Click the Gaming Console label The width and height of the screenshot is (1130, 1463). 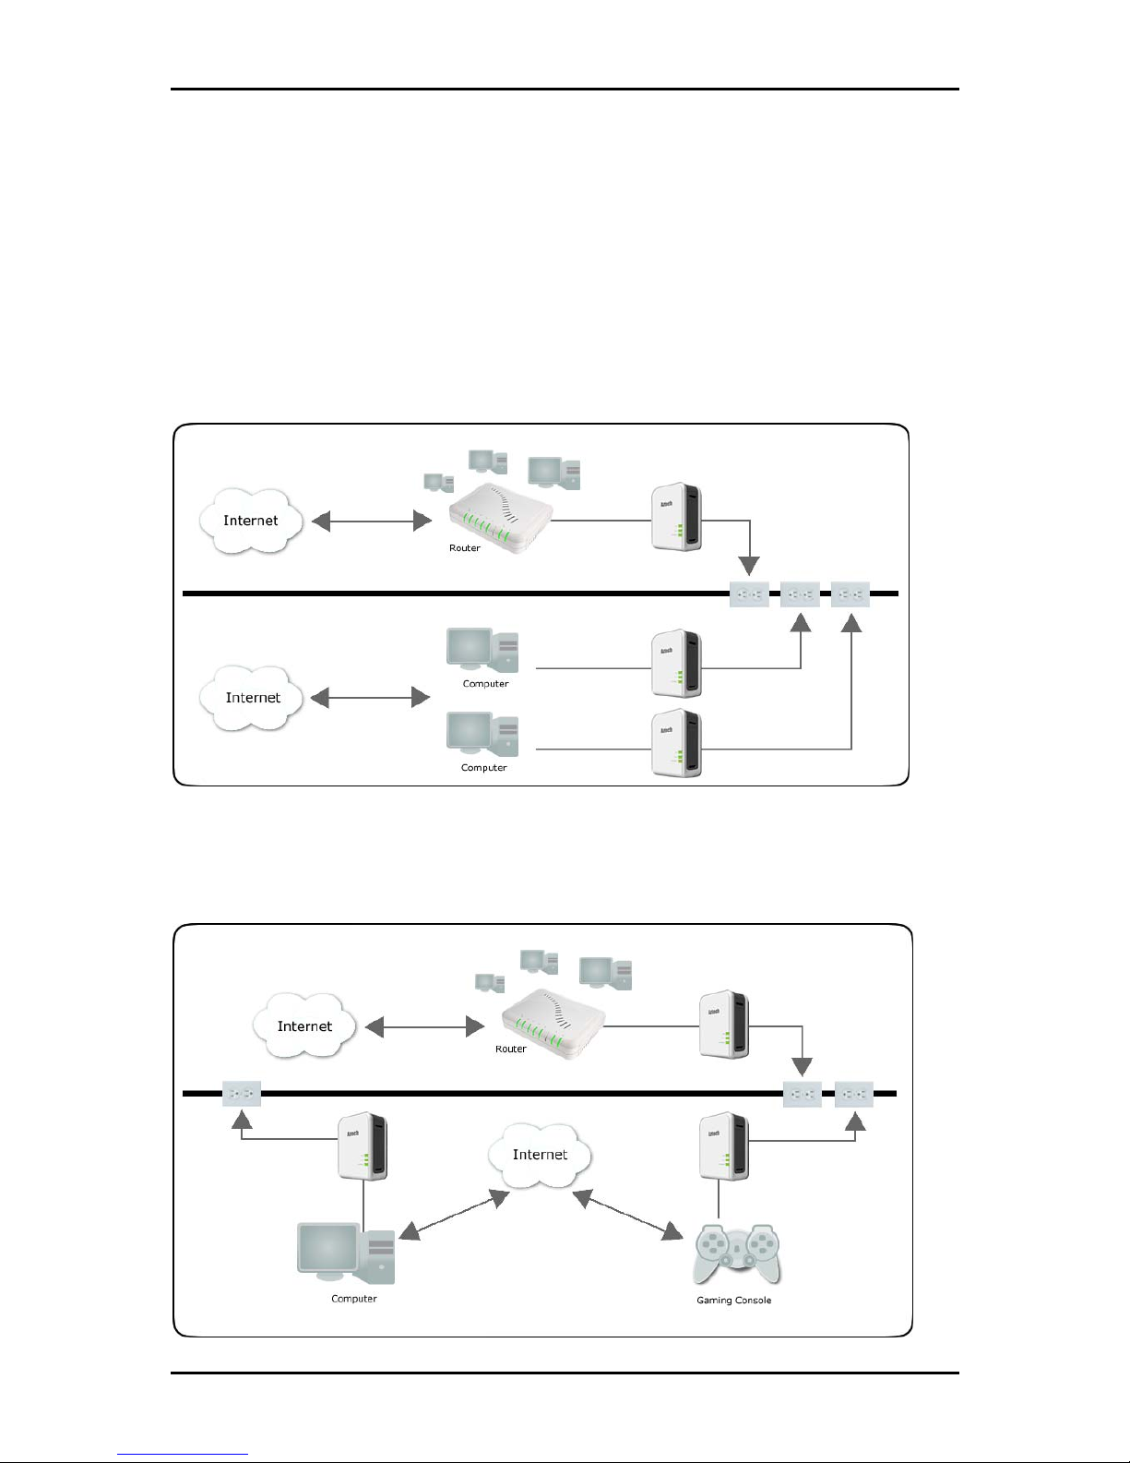[x=733, y=1300]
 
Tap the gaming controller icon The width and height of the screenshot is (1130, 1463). [x=736, y=1253]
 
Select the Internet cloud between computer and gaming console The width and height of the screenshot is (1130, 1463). [x=541, y=1155]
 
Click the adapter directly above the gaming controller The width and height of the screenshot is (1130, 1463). [x=724, y=1145]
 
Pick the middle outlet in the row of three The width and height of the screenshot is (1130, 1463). [x=800, y=594]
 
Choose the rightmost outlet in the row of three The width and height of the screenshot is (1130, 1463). [x=850, y=594]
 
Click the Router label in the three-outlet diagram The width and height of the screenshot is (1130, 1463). [x=465, y=548]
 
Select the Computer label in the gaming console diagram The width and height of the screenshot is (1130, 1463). [x=354, y=1298]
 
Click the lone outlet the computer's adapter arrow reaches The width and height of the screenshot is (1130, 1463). [x=242, y=1095]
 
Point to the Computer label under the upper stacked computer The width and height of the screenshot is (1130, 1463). [x=485, y=684]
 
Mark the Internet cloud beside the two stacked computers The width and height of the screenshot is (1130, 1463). [x=253, y=698]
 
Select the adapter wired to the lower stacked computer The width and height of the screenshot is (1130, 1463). [x=676, y=742]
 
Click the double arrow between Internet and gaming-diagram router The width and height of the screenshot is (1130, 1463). [x=424, y=1026]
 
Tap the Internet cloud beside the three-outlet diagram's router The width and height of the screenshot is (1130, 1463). [x=251, y=521]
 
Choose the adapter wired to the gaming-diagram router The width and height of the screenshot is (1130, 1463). [x=724, y=1024]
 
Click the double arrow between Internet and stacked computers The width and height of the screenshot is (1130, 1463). [x=371, y=698]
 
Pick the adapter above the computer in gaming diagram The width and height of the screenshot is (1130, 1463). [x=363, y=1145]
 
